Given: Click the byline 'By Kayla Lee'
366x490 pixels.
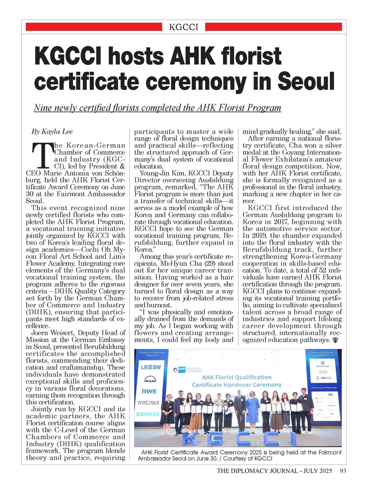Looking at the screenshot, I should [x=52, y=131].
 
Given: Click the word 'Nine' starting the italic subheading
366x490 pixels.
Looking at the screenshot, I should [x=44, y=108].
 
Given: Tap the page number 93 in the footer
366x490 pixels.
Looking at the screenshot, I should [x=342, y=471].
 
